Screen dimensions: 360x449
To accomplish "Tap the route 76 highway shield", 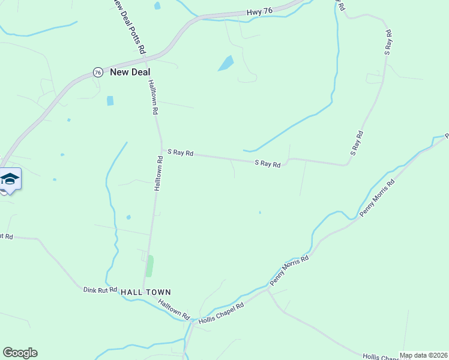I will [98, 72].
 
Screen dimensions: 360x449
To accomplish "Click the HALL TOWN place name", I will [146, 292].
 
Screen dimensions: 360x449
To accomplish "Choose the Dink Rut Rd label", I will [100, 290].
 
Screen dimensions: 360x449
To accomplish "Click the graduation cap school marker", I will [10, 179].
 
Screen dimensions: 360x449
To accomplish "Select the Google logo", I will [20, 353].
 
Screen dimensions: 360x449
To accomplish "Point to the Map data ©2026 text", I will [423, 355].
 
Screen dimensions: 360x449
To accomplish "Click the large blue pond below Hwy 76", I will [226, 63].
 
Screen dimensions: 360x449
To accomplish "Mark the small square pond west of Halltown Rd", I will [110, 101].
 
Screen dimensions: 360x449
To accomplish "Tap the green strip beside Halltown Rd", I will [149, 266].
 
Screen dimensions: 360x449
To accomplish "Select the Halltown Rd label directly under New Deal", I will [153, 97].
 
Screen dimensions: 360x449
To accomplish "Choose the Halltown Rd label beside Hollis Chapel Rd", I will [174, 309].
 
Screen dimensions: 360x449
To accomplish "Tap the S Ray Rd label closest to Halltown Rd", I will [180, 152].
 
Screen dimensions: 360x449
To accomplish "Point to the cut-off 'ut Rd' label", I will [6, 236].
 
